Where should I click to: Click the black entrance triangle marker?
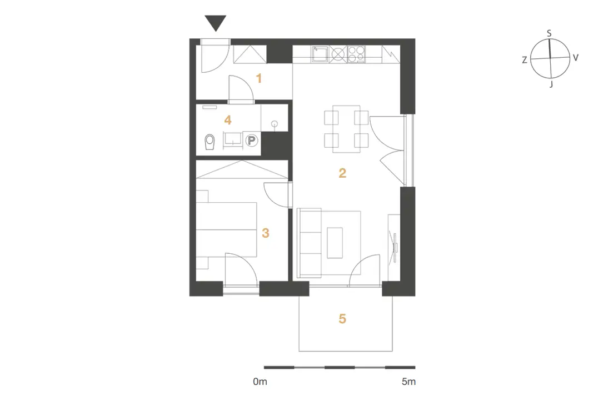point(216,22)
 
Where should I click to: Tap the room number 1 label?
point(259,79)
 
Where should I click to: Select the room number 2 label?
point(342,173)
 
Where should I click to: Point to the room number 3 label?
point(266,233)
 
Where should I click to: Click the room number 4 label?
point(228,120)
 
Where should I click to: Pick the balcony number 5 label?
point(342,318)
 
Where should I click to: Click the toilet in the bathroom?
point(210,142)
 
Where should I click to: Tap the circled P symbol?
point(252,141)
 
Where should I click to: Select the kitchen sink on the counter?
point(320,54)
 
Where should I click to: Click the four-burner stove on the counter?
point(356,54)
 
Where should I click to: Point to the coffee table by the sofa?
point(335,243)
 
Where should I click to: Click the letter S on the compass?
point(549,33)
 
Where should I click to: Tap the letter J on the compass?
point(551,84)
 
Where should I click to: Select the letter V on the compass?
point(575,58)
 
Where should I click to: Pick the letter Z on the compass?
point(524,60)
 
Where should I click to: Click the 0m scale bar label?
point(260,382)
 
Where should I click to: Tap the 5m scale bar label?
point(408,382)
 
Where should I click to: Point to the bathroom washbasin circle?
point(275,124)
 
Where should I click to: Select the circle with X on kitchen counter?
point(338,54)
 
